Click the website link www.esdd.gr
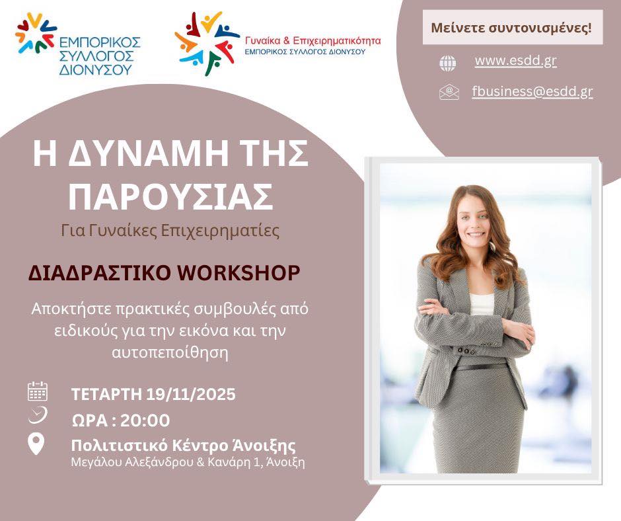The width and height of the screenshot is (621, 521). tap(516, 61)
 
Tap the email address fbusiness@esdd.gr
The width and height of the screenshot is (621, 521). tap(532, 92)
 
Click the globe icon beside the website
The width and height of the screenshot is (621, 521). tap(447, 63)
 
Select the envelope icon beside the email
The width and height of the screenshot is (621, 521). tap(449, 92)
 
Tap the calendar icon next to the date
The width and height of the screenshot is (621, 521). tap(38, 391)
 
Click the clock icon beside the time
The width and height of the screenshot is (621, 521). tap(38, 415)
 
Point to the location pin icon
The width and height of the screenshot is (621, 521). tap(36, 444)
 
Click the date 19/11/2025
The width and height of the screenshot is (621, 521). tap(191, 395)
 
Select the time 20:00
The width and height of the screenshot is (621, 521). tap(145, 421)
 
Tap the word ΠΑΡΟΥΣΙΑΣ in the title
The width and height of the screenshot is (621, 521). tap(171, 196)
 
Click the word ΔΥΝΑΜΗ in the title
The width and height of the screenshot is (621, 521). tap(148, 154)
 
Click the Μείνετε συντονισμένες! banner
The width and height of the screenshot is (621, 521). tap(513, 27)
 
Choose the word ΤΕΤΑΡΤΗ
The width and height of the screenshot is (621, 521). tap(106, 395)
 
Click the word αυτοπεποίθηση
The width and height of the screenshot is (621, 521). tap(170, 352)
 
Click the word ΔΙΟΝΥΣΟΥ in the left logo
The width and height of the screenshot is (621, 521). tap(95, 70)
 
